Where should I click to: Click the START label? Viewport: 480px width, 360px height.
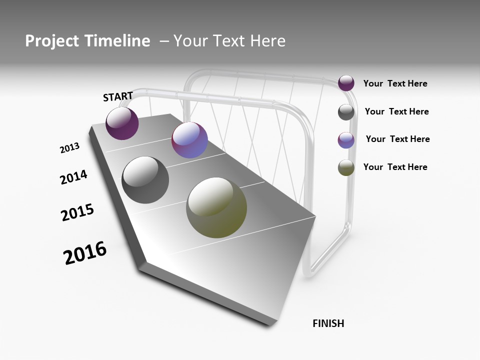coord(118,96)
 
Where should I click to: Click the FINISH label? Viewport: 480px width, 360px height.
coord(328,323)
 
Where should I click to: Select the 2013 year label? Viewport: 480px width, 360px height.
coord(69,148)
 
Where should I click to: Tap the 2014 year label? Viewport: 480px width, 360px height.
coord(73,177)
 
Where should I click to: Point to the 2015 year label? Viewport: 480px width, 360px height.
coord(77,212)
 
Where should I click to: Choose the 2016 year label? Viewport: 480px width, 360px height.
coord(85,253)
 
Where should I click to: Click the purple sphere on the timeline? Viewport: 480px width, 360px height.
coord(122,123)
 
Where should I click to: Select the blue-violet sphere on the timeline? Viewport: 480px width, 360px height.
coord(189,140)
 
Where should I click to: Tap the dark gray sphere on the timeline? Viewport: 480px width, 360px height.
coord(145,180)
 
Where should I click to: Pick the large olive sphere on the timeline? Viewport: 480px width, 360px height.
coord(216,207)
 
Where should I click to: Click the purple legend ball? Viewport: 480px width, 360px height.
coord(346,83)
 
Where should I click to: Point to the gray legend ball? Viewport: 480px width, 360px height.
coord(346,112)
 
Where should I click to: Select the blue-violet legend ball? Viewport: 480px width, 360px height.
coord(346,140)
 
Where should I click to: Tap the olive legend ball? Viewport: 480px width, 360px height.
coord(346,167)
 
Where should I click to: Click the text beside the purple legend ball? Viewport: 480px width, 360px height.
coord(395,84)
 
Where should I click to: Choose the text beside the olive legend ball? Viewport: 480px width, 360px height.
coord(395,167)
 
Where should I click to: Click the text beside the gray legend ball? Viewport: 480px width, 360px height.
coord(396,111)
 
